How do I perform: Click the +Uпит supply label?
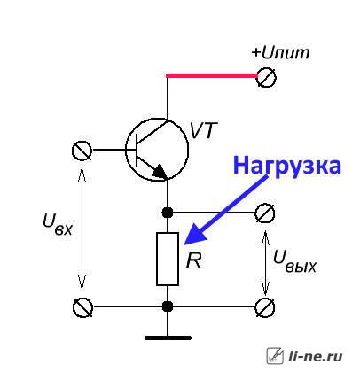(280, 53)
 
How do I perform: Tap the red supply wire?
(212, 76)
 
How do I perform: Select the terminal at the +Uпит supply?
(266, 78)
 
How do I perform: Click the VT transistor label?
(203, 130)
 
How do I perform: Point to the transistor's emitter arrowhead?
(159, 172)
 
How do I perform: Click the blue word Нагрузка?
(287, 166)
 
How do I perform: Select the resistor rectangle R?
(168, 259)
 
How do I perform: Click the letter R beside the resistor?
(193, 260)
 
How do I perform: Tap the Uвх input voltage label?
(58, 224)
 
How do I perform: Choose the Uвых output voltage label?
(294, 261)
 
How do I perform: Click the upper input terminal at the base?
(82, 151)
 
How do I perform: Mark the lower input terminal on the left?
(82, 307)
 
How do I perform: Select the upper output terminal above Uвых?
(265, 213)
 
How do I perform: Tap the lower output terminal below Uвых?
(265, 307)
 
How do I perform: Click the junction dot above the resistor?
(168, 213)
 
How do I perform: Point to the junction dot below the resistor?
(168, 306)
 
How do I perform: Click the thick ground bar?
(168, 337)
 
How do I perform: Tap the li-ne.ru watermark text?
(315, 356)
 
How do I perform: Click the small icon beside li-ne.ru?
(275, 356)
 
